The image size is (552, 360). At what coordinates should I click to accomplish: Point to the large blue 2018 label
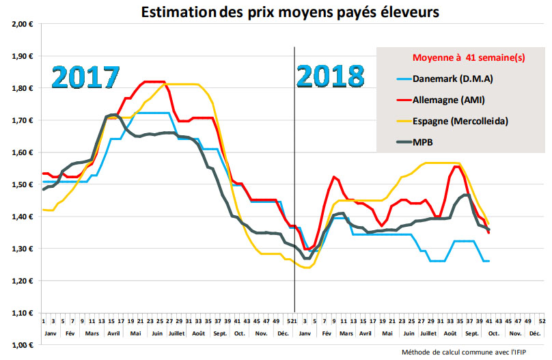[x=331, y=78]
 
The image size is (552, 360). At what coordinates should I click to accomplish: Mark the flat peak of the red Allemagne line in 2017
[x=154, y=81]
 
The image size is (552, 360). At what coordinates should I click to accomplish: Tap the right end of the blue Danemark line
[x=488, y=261]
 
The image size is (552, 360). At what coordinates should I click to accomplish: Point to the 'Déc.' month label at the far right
[x=535, y=333]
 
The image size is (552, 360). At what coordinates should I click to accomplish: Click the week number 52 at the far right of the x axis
[x=542, y=320]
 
